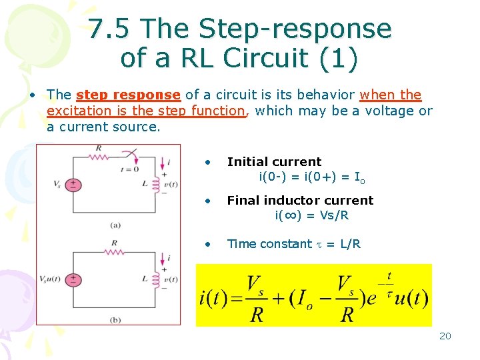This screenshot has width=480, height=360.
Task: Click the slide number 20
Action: (445, 336)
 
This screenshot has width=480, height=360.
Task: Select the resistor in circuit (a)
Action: (99, 157)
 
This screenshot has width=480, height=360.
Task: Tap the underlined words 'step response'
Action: (128, 95)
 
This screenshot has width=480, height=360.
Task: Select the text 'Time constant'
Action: (269, 244)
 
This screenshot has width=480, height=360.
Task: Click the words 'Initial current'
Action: (274, 162)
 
